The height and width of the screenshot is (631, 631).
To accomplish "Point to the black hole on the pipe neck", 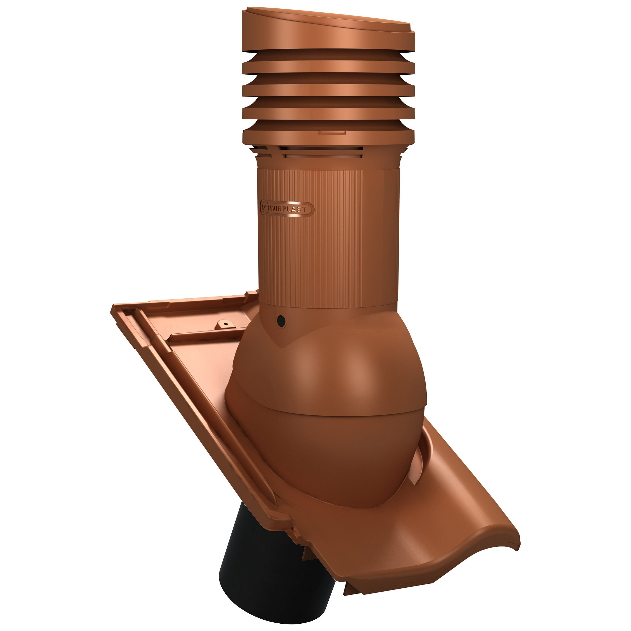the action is click(x=281, y=320).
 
